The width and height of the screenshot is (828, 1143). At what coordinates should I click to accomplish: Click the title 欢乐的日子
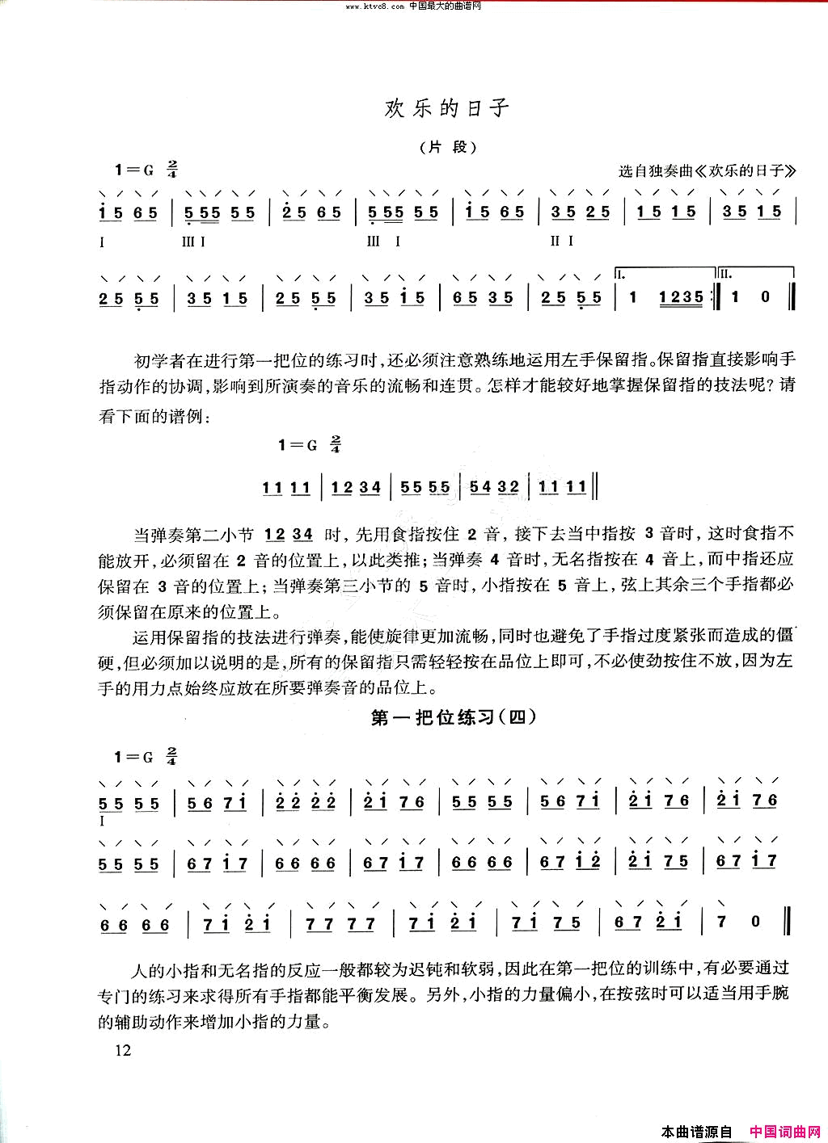(x=447, y=108)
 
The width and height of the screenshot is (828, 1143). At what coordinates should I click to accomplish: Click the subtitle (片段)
(x=446, y=148)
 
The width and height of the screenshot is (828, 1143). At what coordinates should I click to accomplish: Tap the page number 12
(x=123, y=1050)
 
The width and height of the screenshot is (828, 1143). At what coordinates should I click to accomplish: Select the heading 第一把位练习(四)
(x=454, y=717)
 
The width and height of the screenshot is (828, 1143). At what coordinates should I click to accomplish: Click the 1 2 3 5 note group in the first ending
(x=681, y=297)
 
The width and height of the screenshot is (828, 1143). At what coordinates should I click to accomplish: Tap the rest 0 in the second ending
(x=766, y=297)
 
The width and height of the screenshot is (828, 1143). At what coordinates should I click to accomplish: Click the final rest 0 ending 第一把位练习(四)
(x=756, y=921)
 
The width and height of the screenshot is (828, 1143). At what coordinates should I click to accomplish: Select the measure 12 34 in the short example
(x=356, y=487)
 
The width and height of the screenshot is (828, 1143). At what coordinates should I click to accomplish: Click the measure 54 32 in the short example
(x=494, y=487)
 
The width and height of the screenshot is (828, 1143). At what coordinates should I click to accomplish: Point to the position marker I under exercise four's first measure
(x=103, y=821)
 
